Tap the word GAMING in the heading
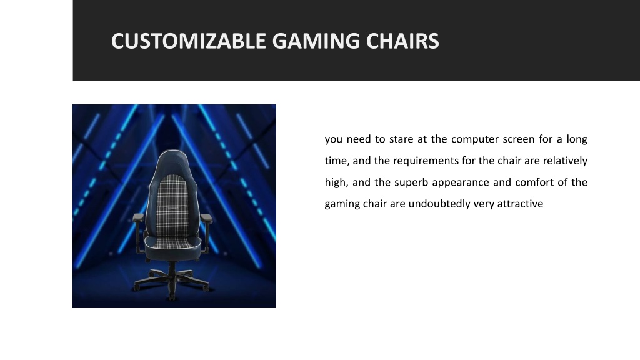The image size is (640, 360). (x=316, y=41)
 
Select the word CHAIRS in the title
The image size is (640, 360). (x=402, y=41)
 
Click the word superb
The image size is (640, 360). (x=411, y=183)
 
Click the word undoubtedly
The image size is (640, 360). (x=439, y=204)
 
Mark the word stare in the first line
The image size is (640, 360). (x=401, y=139)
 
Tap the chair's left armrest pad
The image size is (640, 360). (x=138, y=218)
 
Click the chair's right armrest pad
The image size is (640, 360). (x=206, y=218)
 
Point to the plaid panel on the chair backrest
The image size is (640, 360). (x=172, y=205)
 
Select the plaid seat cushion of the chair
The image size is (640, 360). (x=172, y=244)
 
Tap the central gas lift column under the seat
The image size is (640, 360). (x=172, y=269)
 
